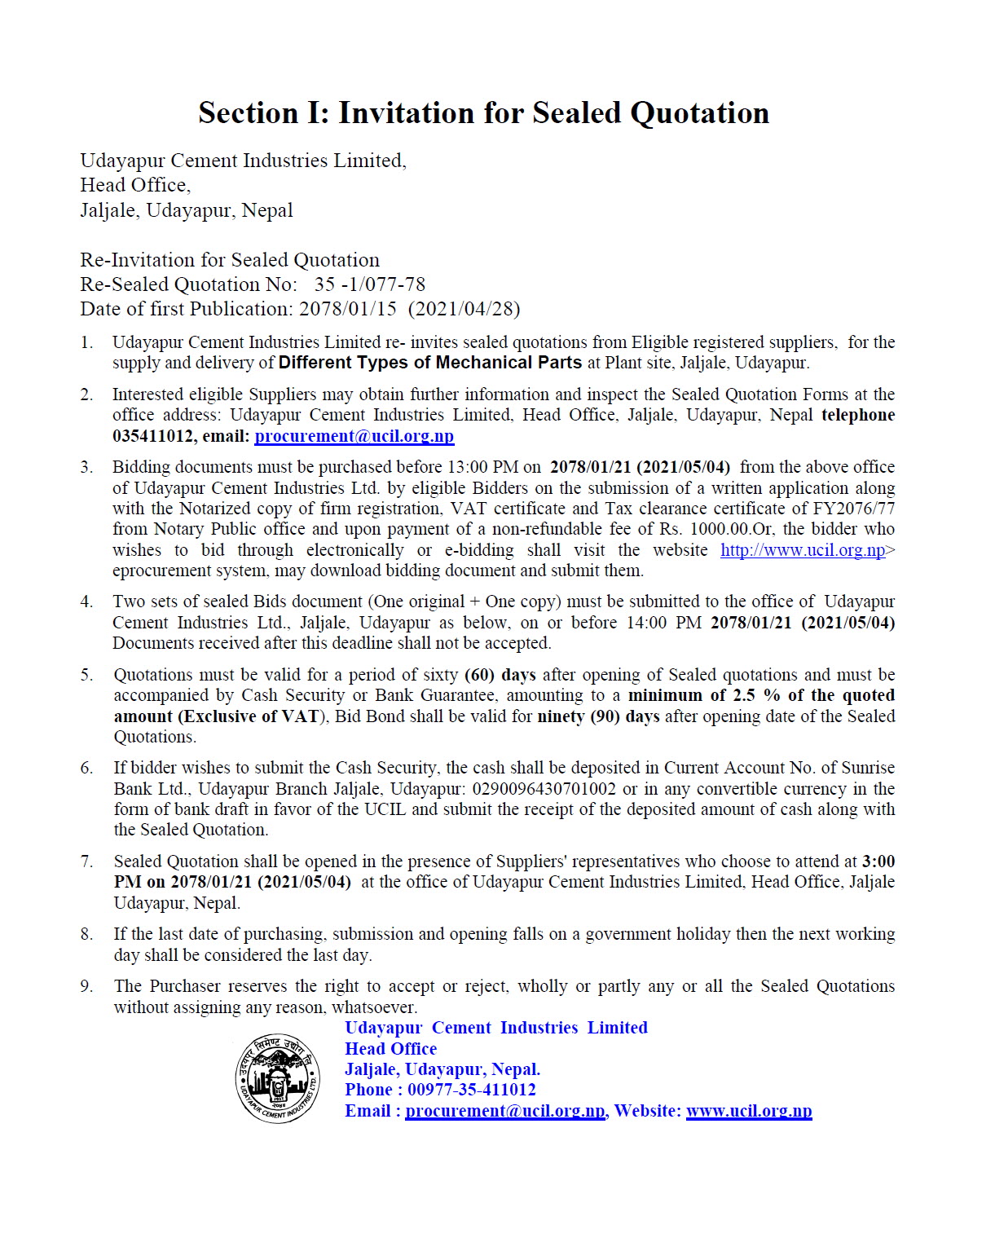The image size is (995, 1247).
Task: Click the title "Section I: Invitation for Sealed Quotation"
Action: click(x=483, y=112)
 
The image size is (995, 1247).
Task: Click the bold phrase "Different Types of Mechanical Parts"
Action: click(x=430, y=363)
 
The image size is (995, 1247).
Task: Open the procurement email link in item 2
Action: click(x=354, y=436)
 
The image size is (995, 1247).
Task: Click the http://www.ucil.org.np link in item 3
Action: click(x=803, y=550)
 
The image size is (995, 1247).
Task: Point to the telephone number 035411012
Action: click(x=153, y=436)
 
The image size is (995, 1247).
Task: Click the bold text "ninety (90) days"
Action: click(x=598, y=716)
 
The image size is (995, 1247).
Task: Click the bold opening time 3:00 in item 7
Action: click(x=878, y=861)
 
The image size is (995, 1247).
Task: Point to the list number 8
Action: click(x=86, y=934)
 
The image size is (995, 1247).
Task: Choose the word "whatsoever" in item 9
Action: click(x=375, y=1007)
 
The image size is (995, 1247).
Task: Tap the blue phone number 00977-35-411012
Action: click(x=472, y=1090)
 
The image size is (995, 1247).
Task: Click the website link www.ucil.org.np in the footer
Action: click(x=749, y=1111)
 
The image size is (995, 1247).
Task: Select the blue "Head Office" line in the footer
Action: click(x=390, y=1049)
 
